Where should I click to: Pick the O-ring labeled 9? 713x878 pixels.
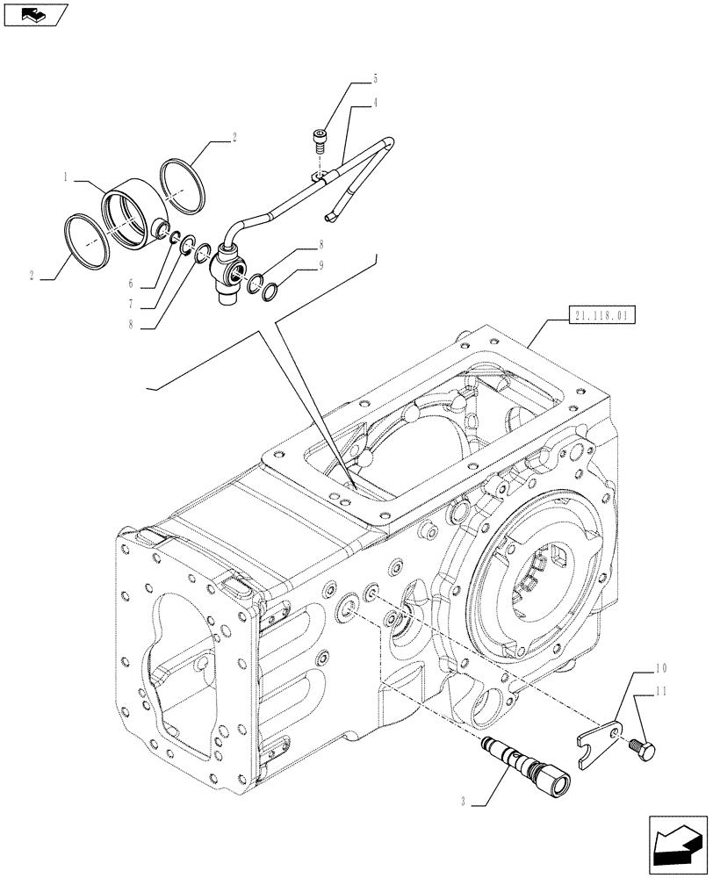point(270,290)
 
